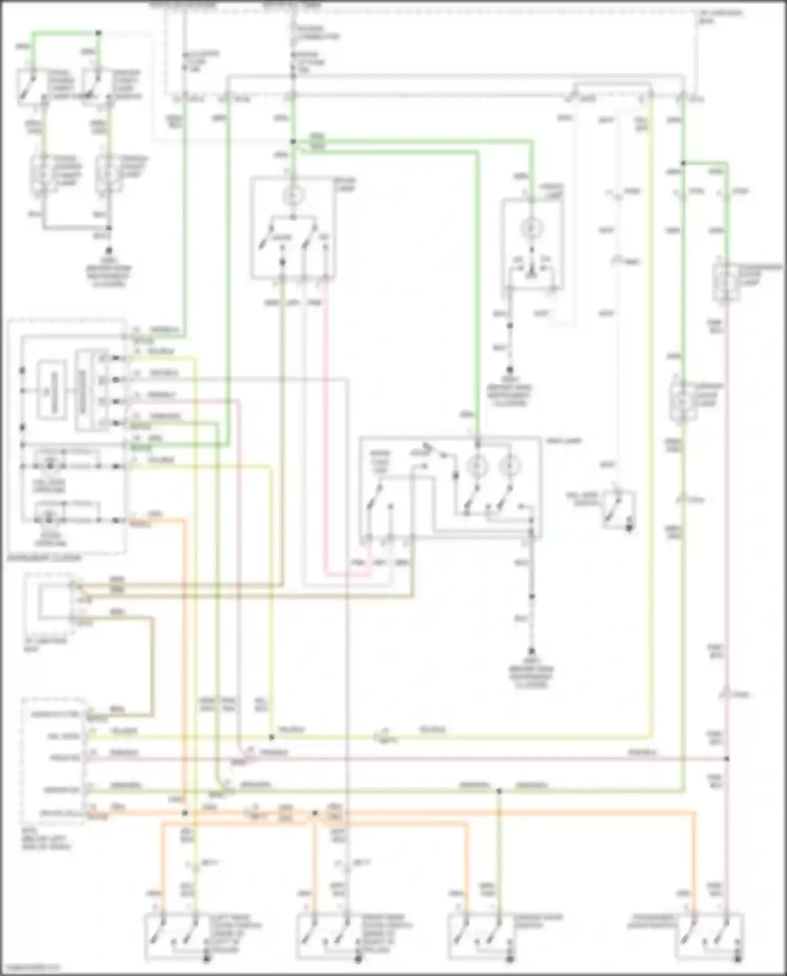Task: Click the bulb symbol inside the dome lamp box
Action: (293, 196)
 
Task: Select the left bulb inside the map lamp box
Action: (477, 465)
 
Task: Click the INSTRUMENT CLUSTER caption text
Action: (45, 558)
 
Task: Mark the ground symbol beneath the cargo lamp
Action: (509, 370)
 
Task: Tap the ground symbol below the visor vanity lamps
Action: (109, 251)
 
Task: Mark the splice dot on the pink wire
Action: (727, 759)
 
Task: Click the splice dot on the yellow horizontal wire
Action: (271, 737)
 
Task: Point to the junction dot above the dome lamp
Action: (293, 142)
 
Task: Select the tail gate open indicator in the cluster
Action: (50, 465)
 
